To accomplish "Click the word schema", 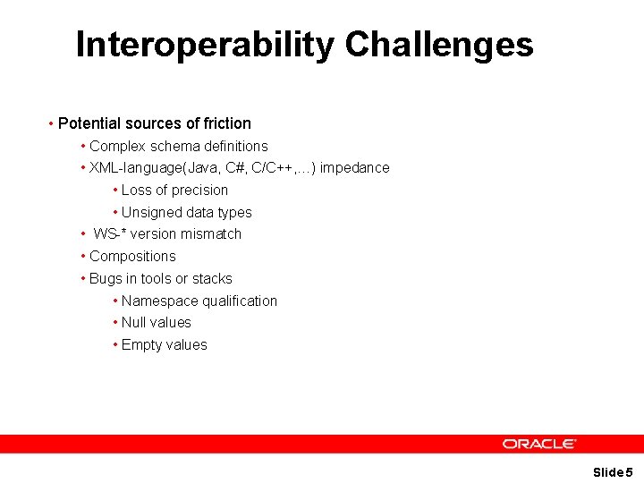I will [x=172, y=146].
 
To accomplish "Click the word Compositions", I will [x=132, y=257].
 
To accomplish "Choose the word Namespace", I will [x=157, y=301].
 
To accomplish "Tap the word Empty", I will [x=141, y=345].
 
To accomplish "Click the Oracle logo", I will [x=538, y=444].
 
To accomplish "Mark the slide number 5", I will [x=629, y=472].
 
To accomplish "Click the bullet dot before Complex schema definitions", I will [x=82, y=146].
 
